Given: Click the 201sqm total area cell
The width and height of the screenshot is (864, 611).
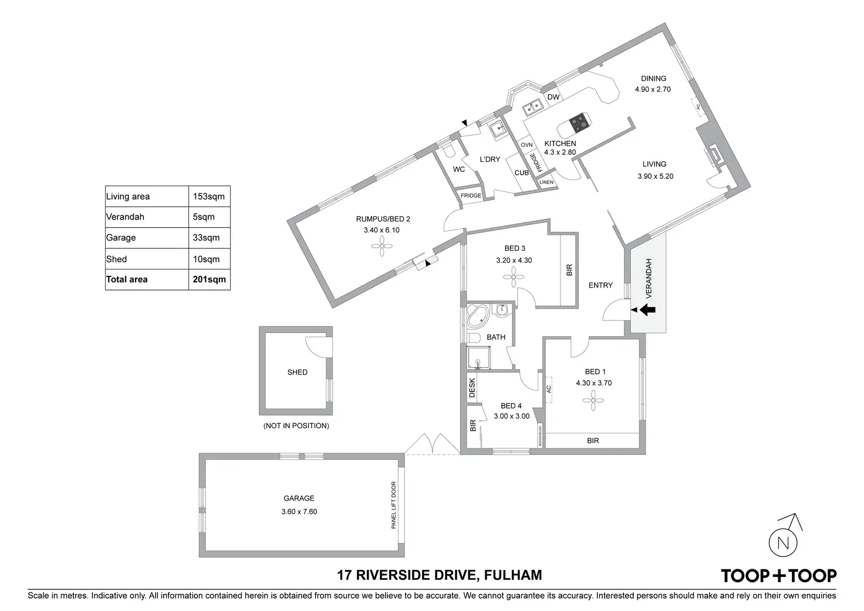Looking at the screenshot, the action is pyautogui.click(x=209, y=279).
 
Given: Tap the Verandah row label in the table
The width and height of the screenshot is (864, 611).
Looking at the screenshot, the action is pyautogui.click(x=125, y=217).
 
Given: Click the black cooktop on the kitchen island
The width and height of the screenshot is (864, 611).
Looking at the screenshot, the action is pyautogui.click(x=578, y=121).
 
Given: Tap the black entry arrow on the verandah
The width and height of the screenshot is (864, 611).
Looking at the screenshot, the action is pyautogui.click(x=648, y=310).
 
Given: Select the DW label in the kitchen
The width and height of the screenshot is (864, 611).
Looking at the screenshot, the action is pyautogui.click(x=553, y=97).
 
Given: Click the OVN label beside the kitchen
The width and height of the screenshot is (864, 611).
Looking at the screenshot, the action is pyautogui.click(x=526, y=145).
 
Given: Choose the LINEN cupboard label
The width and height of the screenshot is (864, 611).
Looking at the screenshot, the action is pyautogui.click(x=546, y=183).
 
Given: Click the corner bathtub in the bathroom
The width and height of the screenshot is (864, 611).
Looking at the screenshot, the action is pyautogui.click(x=477, y=318).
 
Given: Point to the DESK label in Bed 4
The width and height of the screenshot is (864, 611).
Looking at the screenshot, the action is pyautogui.click(x=472, y=387).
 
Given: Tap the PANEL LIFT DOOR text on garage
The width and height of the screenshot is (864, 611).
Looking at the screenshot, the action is pyautogui.click(x=394, y=505).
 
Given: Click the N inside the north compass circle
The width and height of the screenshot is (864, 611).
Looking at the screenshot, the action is pyautogui.click(x=784, y=543).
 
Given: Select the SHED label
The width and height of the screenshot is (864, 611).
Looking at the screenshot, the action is pyautogui.click(x=297, y=372).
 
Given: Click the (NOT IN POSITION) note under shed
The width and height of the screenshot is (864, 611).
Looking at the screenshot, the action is pyautogui.click(x=296, y=426).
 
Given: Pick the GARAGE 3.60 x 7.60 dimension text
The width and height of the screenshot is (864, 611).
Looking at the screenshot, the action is pyautogui.click(x=299, y=511).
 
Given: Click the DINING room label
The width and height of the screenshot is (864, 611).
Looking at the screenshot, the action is pyautogui.click(x=653, y=78).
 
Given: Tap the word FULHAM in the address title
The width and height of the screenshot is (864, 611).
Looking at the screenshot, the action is pyautogui.click(x=512, y=575).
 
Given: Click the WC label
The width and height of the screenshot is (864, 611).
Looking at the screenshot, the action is pyautogui.click(x=459, y=170).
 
